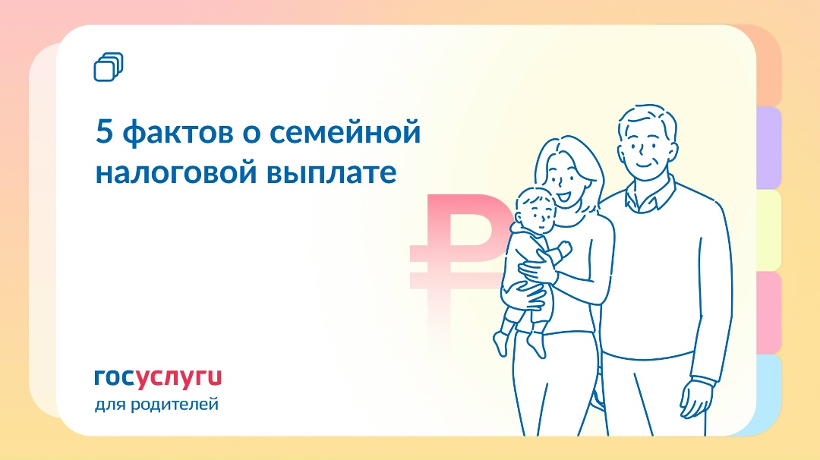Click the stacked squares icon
pos(109,67)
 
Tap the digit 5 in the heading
pos(103,133)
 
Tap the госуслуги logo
pos(158,377)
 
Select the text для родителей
pos(156,404)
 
